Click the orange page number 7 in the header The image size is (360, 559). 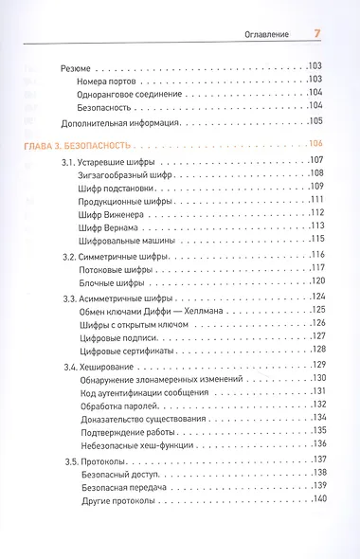click(318, 34)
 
